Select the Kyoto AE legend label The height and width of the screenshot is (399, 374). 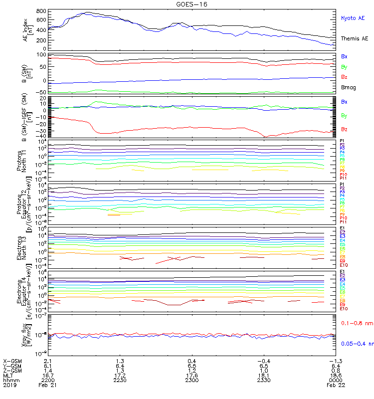click(353, 18)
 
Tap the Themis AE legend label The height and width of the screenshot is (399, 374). click(355, 38)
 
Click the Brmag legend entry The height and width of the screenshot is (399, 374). click(348, 87)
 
